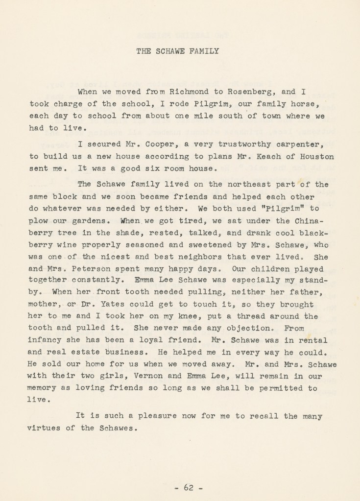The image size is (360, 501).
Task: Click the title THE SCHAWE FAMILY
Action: coord(177,51)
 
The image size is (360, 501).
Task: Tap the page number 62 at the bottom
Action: coord(189,487)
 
